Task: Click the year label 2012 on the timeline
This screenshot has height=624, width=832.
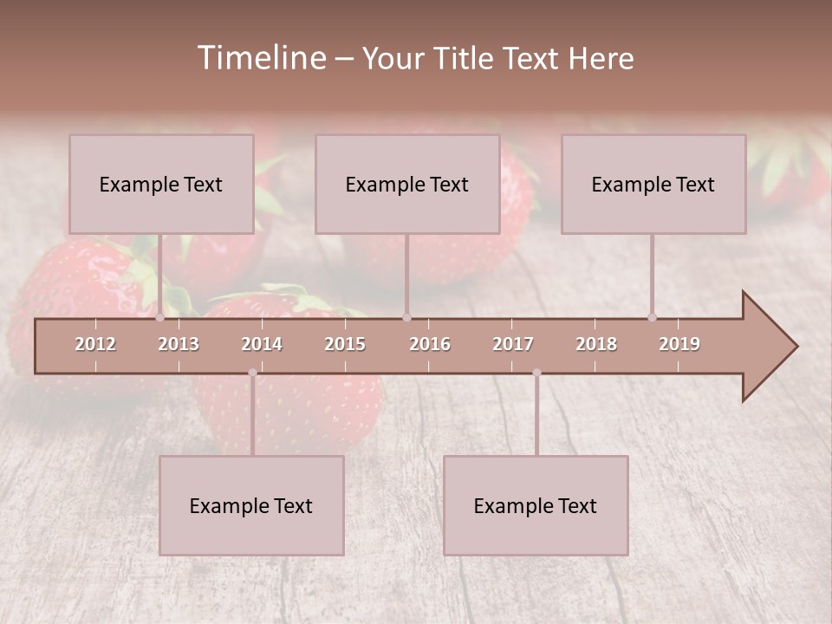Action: coord(95,344)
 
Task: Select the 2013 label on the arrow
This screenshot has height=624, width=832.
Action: coord(179,344)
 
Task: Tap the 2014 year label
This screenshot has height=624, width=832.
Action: coord(262,344)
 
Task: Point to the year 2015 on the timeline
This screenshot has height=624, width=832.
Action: coord(345,344)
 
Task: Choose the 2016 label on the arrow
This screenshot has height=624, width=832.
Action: coord(430,344)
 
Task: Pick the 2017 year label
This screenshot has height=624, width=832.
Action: coord(513,344)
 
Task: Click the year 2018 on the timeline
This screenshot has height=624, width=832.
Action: coord(596,344)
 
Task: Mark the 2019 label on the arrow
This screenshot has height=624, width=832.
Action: coord(679,344)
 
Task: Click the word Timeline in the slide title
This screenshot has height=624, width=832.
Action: coord(261,58)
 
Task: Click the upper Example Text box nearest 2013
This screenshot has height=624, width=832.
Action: coord(161,184)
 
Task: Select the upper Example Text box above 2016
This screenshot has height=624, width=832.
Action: coord(407,184)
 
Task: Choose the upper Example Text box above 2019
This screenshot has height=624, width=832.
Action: coord(653,184)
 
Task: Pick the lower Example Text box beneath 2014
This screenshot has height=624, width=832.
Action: coord(251,505)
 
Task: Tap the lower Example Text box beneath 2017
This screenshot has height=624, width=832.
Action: coord(536,505)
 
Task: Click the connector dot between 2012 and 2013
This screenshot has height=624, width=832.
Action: coord(160,318)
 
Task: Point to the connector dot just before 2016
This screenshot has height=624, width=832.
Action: coord(406,318)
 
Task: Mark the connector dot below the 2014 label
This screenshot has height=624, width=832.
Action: coord(252,373)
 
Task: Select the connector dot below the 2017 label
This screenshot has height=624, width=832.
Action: coord(536,373)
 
